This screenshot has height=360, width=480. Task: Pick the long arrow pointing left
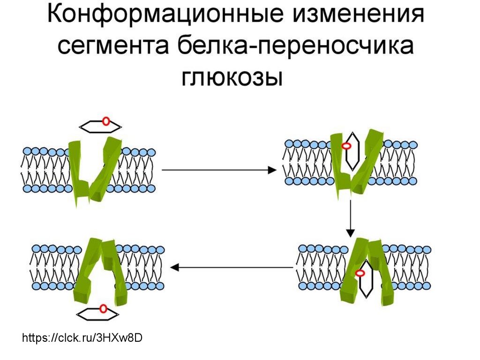(232, 268)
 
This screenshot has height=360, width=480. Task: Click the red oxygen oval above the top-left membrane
(106, 121)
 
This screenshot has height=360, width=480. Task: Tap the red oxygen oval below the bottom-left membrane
(103, 308)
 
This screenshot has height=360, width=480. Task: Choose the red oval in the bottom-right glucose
(360, 273)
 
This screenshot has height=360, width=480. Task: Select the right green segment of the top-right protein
(368, 162)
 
